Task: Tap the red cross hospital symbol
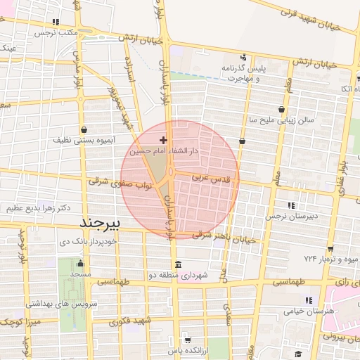[164, 141]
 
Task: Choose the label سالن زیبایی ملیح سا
[281, 120]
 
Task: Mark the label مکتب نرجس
[56, 32]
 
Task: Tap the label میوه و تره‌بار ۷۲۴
[331, 259]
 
